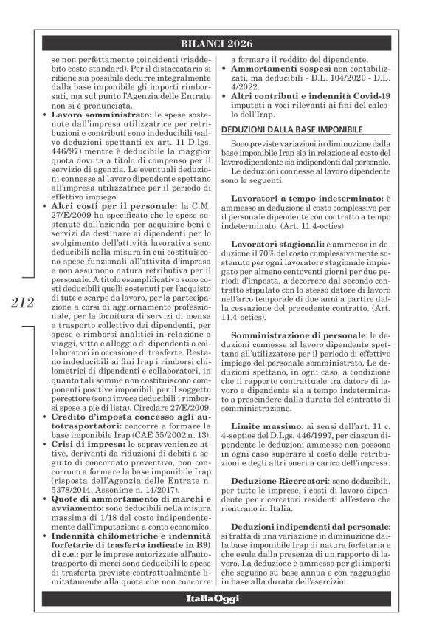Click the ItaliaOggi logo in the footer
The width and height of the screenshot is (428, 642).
[x=214, y=618]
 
